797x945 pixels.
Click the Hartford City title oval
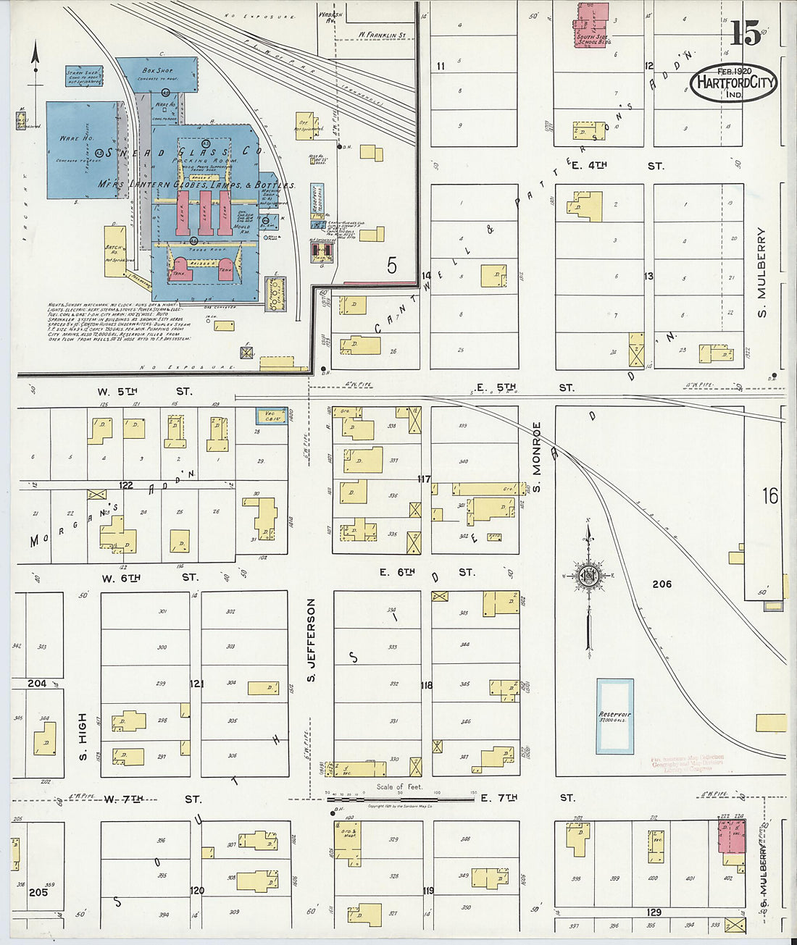coord(733,83)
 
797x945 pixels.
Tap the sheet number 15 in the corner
coord(745,33)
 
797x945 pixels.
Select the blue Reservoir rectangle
coord(614,715)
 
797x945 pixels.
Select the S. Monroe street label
coord(537,458)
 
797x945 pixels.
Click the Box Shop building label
coord(157,71)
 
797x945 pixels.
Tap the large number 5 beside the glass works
coord(391,266)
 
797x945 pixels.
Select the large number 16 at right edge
coord(769,496)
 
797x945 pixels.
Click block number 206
coord(662,584)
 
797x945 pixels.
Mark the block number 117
coord(424,479)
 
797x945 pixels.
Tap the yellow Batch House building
coord(114,251)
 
